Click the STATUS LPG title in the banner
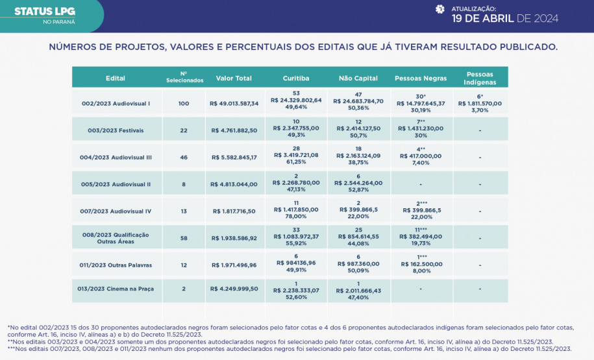coord(44,11)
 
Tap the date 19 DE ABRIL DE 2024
coord(505,18)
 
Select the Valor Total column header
coord(234,78)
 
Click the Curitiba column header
coord(295,78)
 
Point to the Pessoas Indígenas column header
coord(480,78)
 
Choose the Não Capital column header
coord(358,78)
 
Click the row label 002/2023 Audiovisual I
coord(116,103)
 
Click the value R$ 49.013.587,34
coord(234,103)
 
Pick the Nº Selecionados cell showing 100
coord(183,103)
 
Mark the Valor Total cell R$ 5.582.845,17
coord(234,157)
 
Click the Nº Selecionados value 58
coord(183,238)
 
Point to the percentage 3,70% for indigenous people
coord(480,110)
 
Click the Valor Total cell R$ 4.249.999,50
coord(234,289)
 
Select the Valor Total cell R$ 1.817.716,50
coord(234,211)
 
